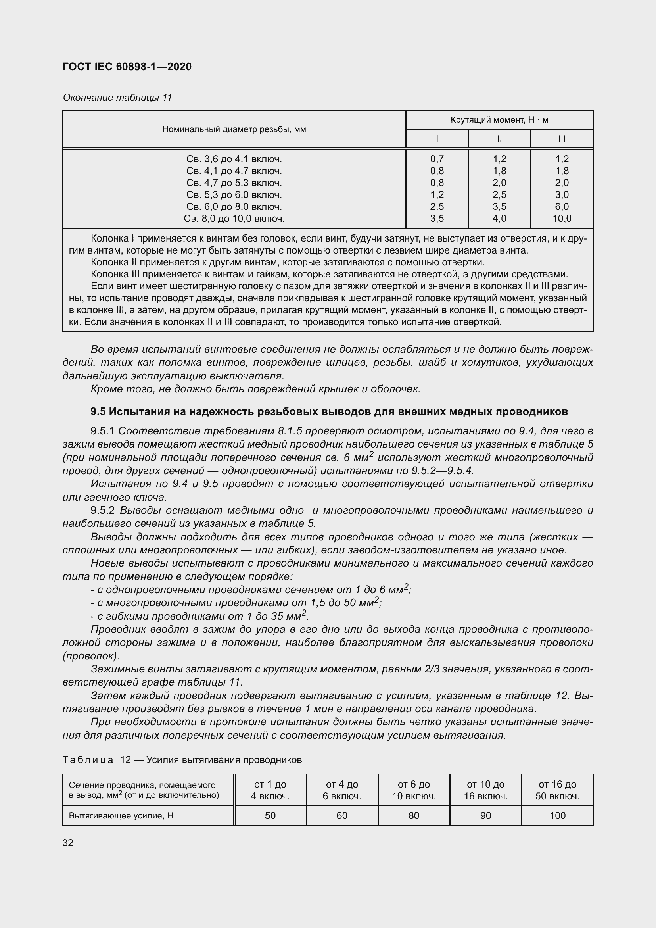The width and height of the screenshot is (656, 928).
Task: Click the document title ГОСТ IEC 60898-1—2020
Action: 127,67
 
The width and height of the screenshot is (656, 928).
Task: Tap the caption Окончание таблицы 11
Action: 117,98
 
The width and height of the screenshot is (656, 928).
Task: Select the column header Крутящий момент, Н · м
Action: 499,120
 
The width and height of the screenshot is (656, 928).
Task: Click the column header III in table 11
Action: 562,138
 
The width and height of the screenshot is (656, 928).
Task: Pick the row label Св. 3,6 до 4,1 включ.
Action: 234,159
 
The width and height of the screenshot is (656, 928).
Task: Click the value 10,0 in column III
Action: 562,219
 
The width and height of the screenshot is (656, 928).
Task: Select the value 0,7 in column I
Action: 437,159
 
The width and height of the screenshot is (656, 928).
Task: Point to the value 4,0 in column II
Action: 499,219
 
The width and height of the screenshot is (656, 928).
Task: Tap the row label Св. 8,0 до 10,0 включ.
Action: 234,219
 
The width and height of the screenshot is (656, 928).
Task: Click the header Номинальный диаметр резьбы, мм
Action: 234,129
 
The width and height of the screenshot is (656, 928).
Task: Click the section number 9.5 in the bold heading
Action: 98,411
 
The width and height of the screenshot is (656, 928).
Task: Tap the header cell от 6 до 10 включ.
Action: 414,790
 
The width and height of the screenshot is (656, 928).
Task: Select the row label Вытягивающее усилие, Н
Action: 121,815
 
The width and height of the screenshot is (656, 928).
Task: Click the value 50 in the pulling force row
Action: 270,815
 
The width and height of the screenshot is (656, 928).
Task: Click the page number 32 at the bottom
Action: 68,843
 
